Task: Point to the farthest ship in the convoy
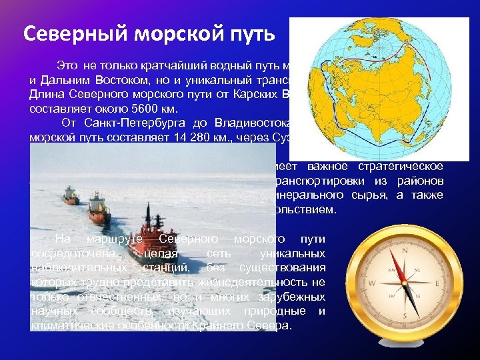[69, 195]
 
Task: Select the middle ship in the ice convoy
[99, 206]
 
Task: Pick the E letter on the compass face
[437, 283]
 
